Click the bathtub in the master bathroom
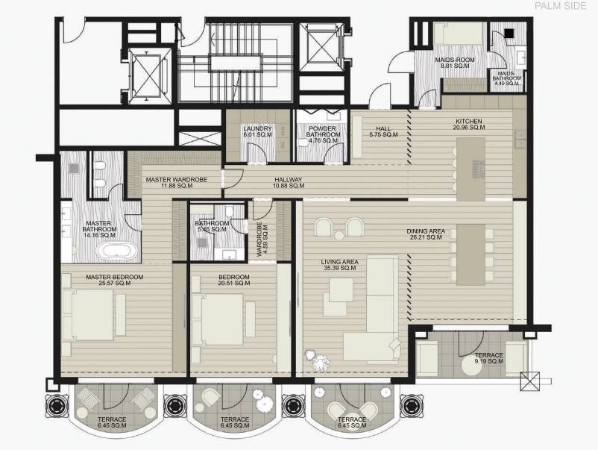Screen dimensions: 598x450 [x=116, y=251]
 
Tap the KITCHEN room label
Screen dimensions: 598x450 [x=469, y=125]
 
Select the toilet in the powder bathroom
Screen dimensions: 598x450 [x=303, y=143]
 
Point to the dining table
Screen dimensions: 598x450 [x=471, y=254]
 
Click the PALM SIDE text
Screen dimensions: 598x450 [x=560, y=6]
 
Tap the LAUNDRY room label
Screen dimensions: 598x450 [x=257, y=131]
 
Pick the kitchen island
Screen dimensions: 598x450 [x=471, y=169]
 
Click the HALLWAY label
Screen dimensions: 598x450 [x=289, y=183]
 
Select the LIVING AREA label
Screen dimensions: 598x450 [x=339, y=265]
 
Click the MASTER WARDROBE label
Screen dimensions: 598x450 [x=177, y=182]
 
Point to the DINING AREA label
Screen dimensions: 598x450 [x=426, y=234]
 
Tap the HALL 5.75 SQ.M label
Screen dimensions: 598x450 [x=383, y=131]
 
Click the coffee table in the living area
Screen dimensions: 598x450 [x=341, y=290]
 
